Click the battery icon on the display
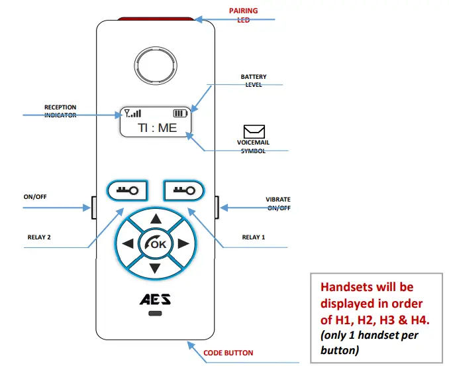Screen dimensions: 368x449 [x=181, y=113]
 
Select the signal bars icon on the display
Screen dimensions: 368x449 [x=132, y=113]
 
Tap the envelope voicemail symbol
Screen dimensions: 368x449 [x=254, y=131]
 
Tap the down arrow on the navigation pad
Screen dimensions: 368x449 [x=155, y=269]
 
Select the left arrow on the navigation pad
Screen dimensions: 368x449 [x=128, y=244]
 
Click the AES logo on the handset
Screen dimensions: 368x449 [x=155, y=299]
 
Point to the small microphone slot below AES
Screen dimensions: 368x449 [x=155, y=314]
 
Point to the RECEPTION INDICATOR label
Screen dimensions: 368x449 [x=60, y=111]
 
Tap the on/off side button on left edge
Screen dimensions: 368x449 [x=94, y=208]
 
